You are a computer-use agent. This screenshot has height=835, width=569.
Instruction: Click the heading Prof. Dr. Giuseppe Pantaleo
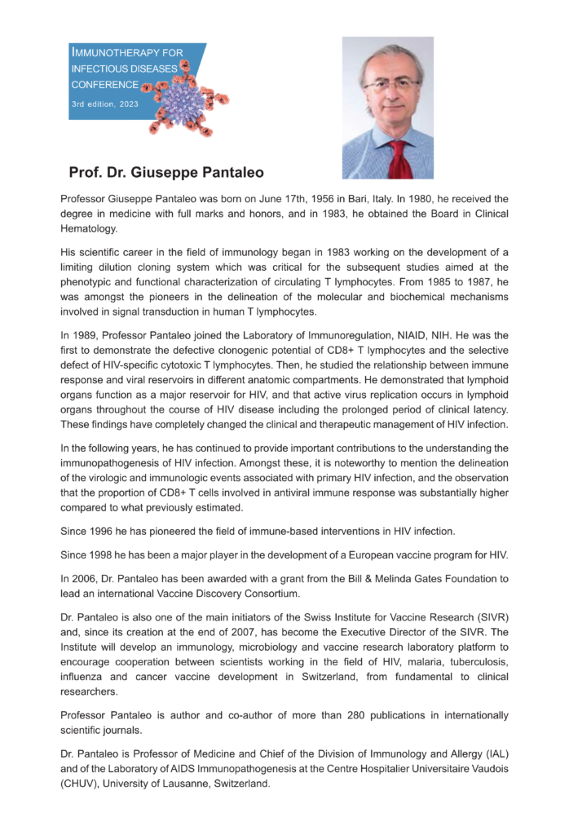click(166, 173)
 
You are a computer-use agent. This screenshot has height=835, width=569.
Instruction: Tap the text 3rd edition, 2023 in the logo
click(104, 103)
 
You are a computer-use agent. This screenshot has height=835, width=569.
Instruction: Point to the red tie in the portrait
click(399, 159)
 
